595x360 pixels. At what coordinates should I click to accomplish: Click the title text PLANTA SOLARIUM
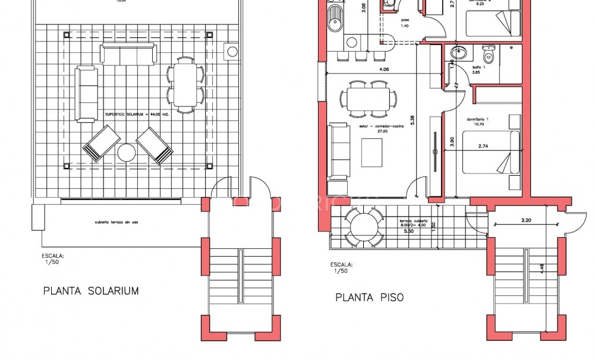91,291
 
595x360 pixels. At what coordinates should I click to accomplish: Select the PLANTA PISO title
369,298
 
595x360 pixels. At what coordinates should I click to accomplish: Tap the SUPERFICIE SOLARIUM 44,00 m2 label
137,114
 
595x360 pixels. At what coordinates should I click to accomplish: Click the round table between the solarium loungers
127,153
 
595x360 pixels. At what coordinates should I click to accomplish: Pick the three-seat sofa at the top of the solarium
128,53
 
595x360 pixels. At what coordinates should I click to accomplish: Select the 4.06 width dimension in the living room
384,70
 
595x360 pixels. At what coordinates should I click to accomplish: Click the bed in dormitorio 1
491,153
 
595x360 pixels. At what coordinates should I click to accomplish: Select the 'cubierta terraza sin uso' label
117,223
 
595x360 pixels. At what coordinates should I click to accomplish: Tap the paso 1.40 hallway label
405,23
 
